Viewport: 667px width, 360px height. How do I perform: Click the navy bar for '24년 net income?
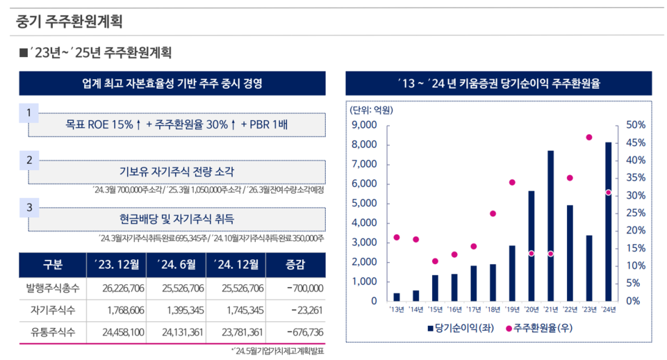pos(608,222)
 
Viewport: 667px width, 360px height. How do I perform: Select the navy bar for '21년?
pos(550,226)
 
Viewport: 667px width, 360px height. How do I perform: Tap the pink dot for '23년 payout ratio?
pos(588,138)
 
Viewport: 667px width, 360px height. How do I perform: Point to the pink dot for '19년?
pos(512,183)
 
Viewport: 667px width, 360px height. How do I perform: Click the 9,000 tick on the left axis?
pos(365,126)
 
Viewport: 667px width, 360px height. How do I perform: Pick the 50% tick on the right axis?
pos(636,126)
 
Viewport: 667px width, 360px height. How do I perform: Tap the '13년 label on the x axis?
pos(397,309)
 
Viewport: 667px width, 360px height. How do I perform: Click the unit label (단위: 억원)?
pos(371,110)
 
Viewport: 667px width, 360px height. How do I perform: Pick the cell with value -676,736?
pos(300,332)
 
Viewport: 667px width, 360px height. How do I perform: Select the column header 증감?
pos(295,264)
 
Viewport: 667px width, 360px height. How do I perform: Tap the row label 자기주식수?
pos(52,310)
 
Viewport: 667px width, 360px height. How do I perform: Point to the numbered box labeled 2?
pos(28,160)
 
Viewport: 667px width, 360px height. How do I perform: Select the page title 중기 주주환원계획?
pos(69,21)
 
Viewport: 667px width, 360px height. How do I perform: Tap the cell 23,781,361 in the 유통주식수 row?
pos(240,332)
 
